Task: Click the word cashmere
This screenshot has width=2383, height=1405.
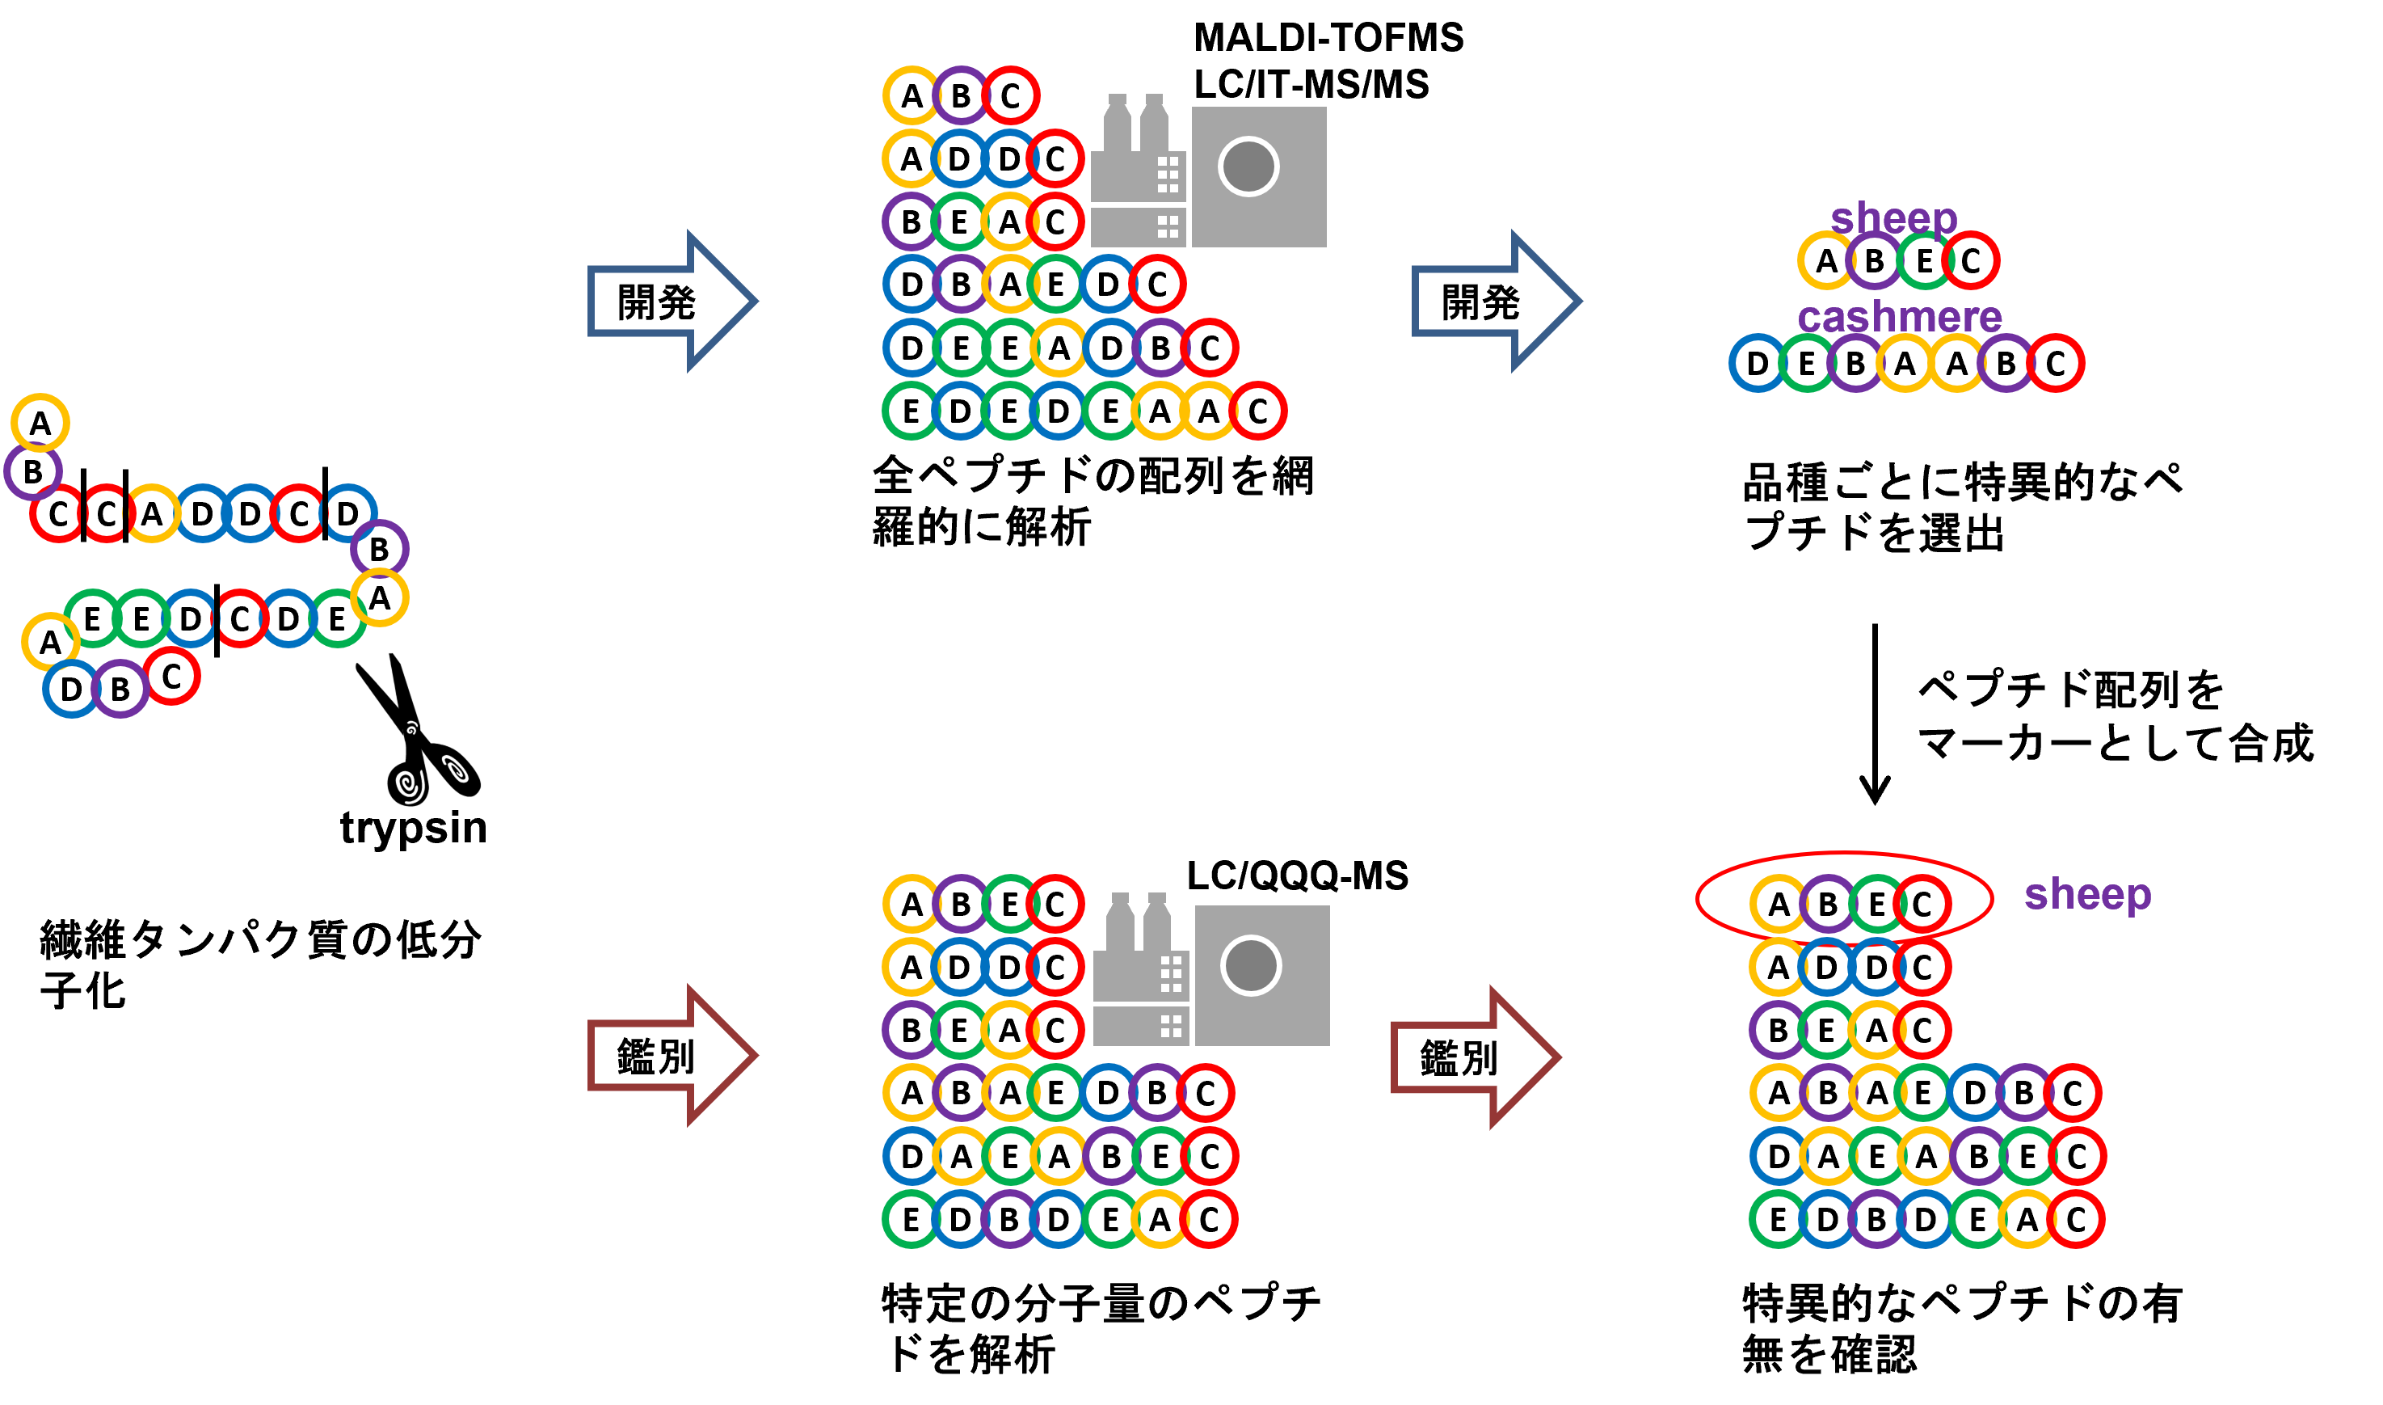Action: point(1900,316)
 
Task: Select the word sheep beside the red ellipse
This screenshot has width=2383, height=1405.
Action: point(2088,894)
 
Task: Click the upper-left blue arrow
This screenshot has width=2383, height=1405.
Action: point(672,301)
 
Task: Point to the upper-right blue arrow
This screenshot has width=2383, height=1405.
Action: point(1497,301)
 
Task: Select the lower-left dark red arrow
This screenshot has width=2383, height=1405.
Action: point(672,1055)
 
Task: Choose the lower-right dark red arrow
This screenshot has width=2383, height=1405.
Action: point(1476,1057)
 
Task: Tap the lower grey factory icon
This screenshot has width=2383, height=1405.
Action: point(1140,970)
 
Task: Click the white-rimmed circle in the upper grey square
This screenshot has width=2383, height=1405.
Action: point(1248,167)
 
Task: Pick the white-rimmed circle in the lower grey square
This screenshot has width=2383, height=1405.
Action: point(1251,966)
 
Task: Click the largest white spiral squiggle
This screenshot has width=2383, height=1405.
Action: point(410,786)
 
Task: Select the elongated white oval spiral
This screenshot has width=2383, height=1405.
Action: point(455,769)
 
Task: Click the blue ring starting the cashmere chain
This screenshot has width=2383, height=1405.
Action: point(1758,363)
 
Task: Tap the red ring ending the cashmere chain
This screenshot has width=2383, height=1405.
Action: point(2055,363)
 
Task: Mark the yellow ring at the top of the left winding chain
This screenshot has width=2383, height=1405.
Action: point(40,422)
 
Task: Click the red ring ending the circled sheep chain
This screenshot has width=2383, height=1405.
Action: point(1922,903)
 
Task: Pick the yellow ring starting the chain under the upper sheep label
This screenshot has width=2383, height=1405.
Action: point(1825,260)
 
